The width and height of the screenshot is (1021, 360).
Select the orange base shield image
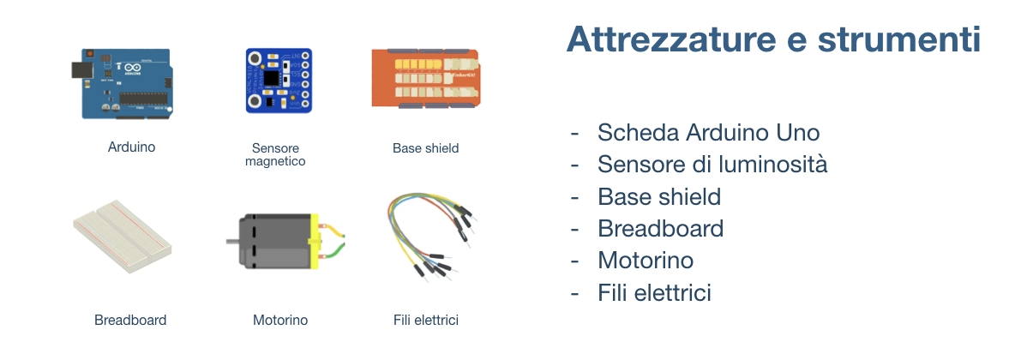[x=424, y=78]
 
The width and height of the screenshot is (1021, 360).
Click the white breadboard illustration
[x=122, y=237]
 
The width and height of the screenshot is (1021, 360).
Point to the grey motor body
[x=272, y=242]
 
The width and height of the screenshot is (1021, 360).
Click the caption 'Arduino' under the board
[x=131, y=147]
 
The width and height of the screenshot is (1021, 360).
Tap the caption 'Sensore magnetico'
[x=275, y=154]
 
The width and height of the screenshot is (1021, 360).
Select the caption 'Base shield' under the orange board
[x=425, y=148]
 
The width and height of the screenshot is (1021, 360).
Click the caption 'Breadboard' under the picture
[x=130, y=321]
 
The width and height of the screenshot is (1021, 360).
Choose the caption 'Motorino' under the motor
[x=280, y=321]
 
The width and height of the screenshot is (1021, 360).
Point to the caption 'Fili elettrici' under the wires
[x=426, y=321]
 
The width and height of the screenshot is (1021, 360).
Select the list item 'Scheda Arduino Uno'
[x=708, y=133]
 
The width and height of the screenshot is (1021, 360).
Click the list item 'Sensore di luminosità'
[x=712, y=165]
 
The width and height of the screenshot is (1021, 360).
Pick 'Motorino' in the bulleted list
[x=646, y=261]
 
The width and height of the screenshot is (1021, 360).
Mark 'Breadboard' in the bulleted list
[x=660, y=229]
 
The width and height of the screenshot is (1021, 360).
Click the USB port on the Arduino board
[x=81, y=71]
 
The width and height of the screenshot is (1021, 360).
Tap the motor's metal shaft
[x=232, y=243]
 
